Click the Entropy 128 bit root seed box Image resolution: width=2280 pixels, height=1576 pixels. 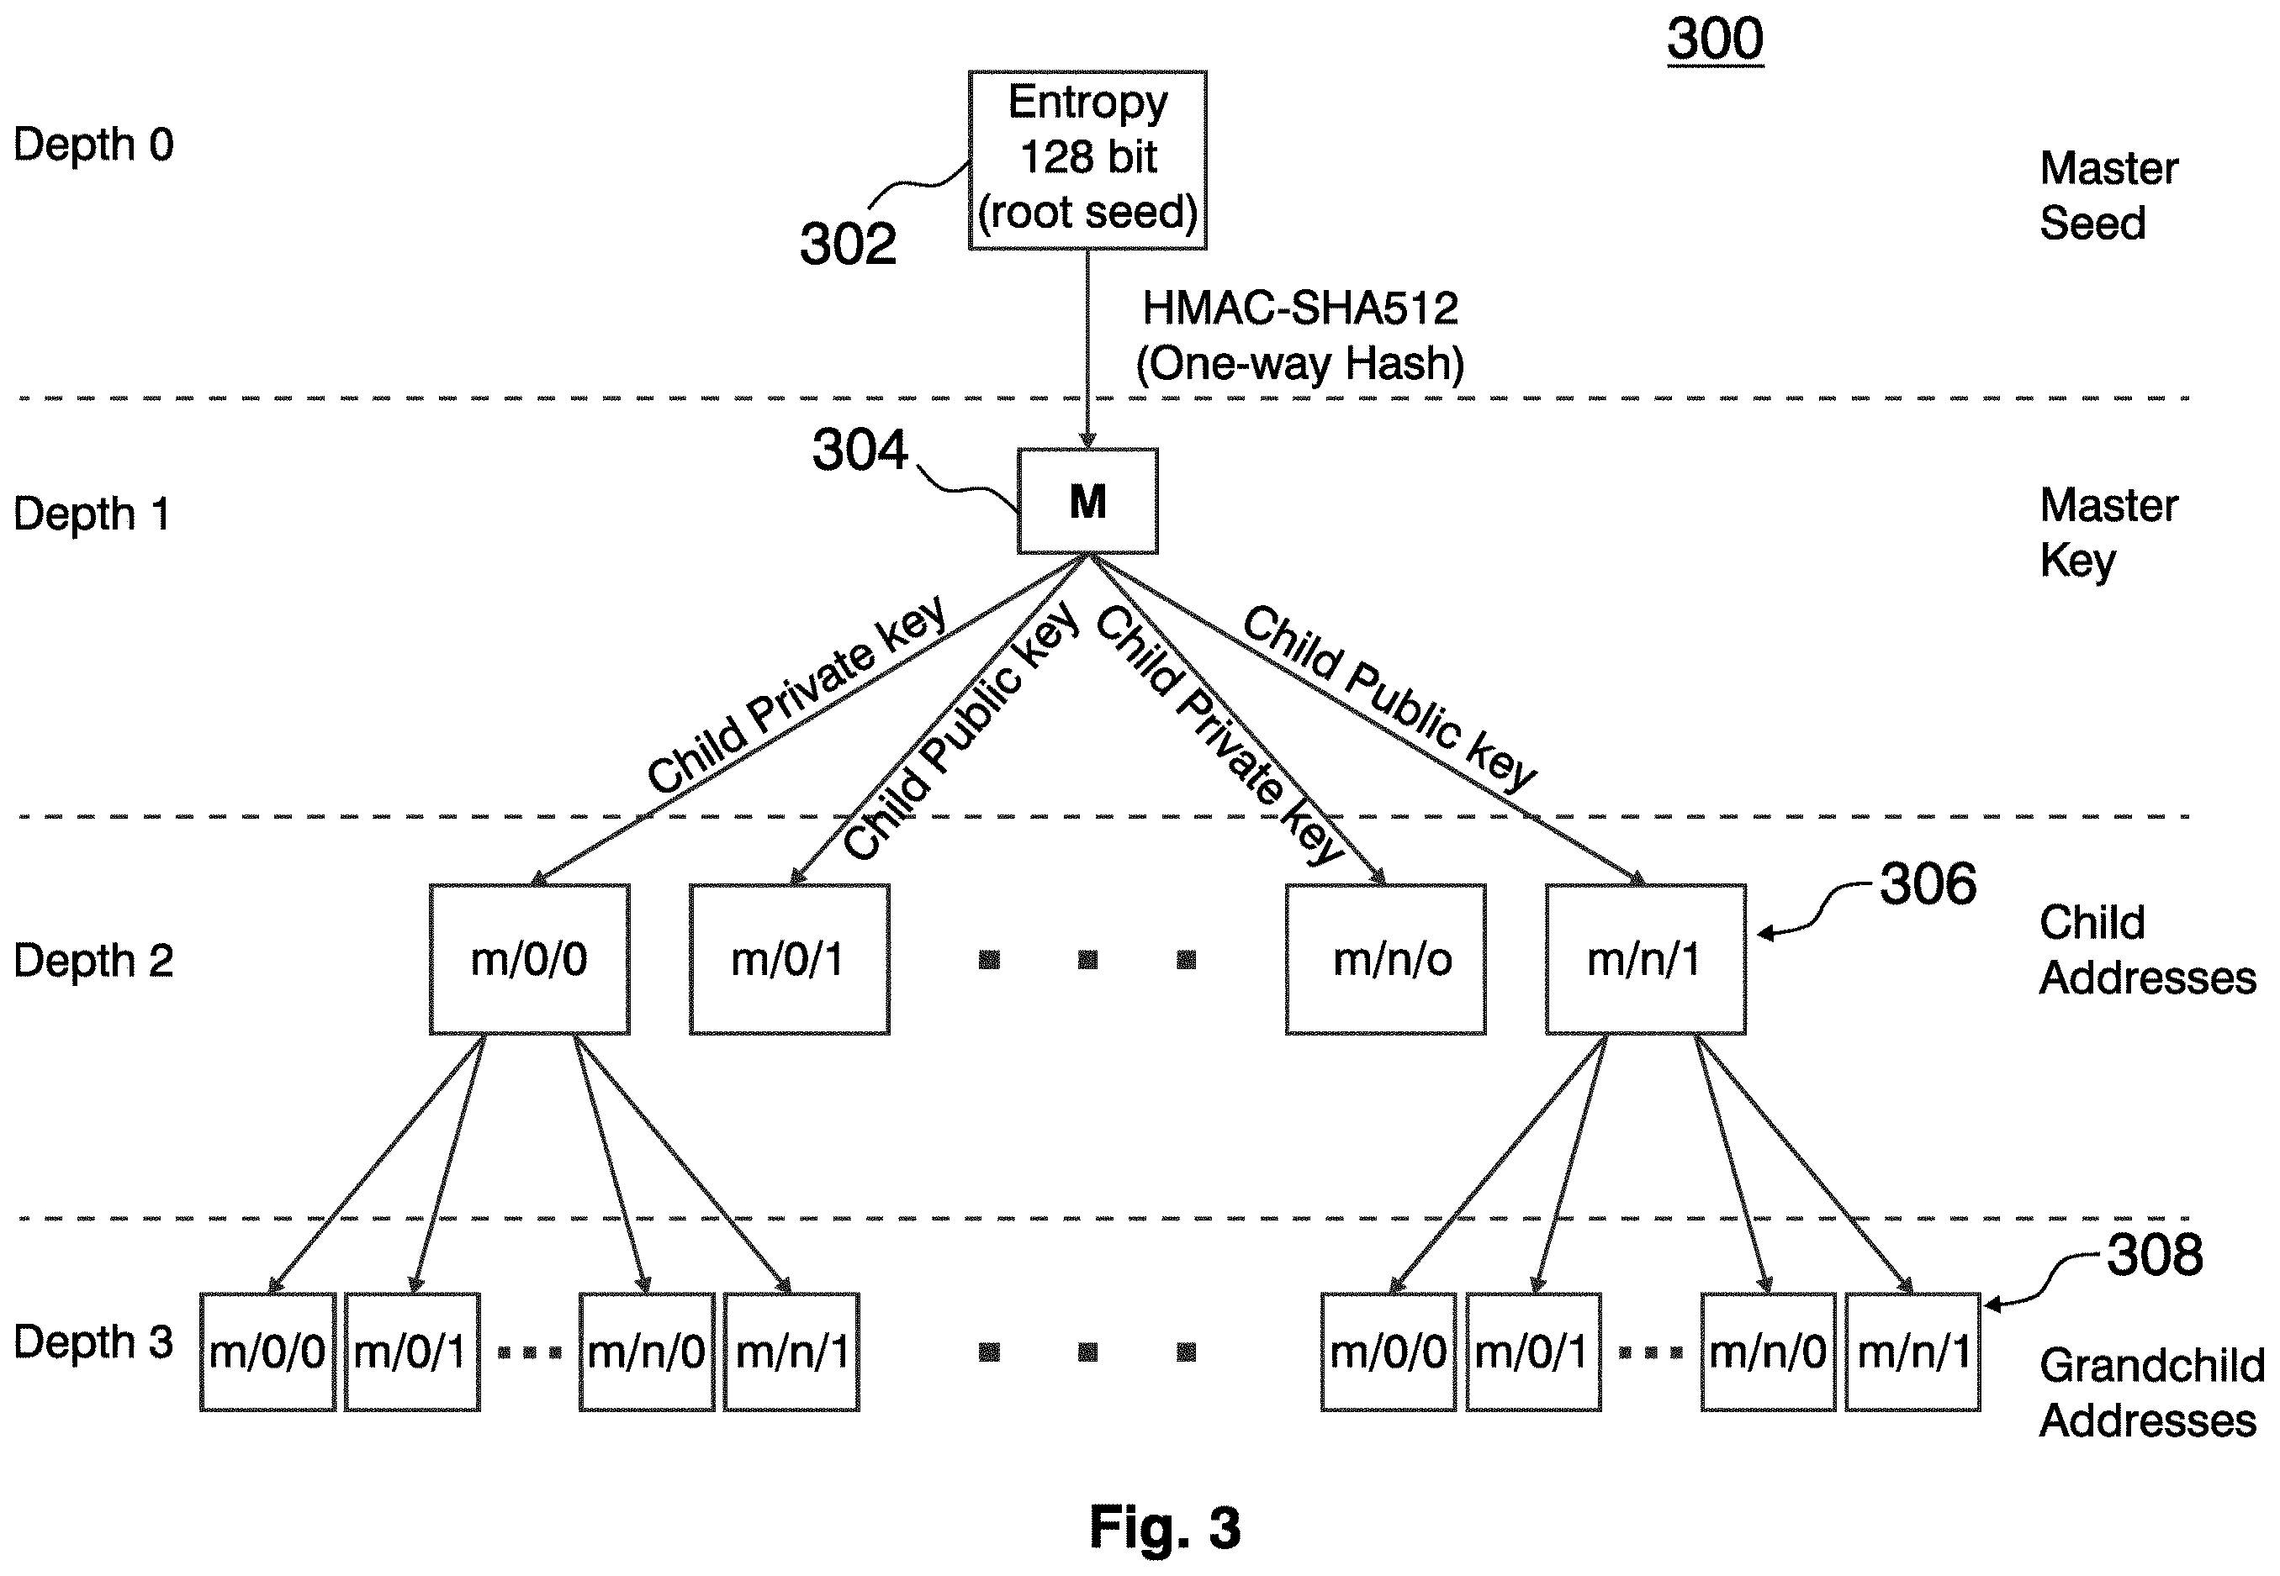pyautogui.click(x=1087, y=160)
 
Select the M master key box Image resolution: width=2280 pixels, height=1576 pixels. pyautogui.click(x=1087, y=502)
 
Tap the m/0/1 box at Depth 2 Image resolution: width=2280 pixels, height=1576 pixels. pyautogui.click(x=790, y=960)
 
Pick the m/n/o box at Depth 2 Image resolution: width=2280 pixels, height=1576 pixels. pyautogui.click(x=1385, y=960)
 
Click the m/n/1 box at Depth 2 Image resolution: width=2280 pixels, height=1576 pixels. pyautogui.click(x=1645, y=960)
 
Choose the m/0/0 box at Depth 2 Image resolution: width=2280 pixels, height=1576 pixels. pyautogui.click(x=530, y=960)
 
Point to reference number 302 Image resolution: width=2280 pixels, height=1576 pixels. pyautogui.click(x=848, y=244)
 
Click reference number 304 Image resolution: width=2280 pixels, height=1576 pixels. pyautogui.click(x=860, y=451)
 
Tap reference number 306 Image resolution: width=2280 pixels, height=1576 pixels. pyautogui.click(x=1928, y=883)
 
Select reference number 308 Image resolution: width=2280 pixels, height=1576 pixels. pyautogui.click(x=2155, y=1255)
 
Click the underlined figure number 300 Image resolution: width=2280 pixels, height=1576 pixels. pyautogui.click(x=1715, y=40)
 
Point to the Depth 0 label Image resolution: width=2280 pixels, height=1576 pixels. pyautogui.click(x=94, y=145)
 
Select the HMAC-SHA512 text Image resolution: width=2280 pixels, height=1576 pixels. pyautogui.click(x=1300, y=309)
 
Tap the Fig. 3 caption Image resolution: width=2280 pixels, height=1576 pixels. pyautogui.click(x=1165, y=1527)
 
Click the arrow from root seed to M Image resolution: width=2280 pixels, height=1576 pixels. pyautogui.click(x=1087, y=350)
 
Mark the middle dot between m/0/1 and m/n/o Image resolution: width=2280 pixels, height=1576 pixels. pyautogui.click(x=1087, y=960)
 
